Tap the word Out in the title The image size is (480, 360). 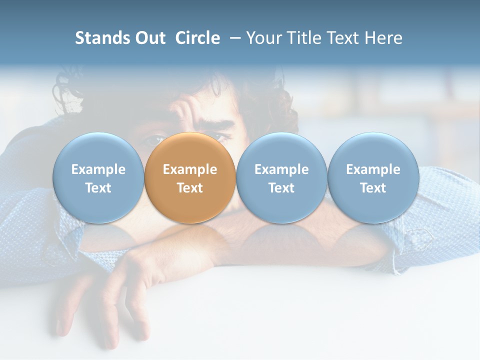click(150, 38)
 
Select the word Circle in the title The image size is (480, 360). click(197, 38)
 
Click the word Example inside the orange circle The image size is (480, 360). click(190, 169)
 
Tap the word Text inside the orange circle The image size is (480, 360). click(190, 188)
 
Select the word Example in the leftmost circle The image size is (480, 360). click(98, 169)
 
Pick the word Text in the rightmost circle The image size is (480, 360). click(373, 188)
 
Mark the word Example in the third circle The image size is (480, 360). click(281, 169)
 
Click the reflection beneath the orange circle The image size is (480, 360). click(190, 235)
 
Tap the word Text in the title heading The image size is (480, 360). click(343, 38)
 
